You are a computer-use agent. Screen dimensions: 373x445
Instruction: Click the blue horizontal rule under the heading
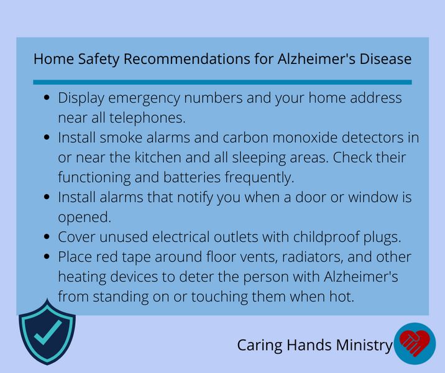[x=222, y=82]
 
